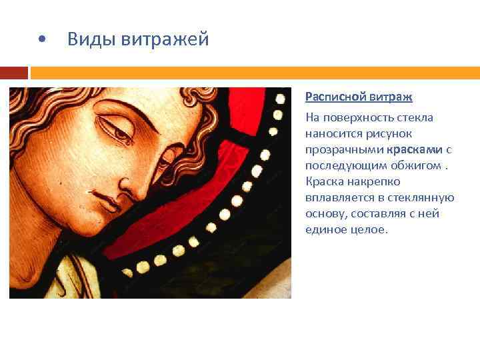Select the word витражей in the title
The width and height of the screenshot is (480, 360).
coord(165,39)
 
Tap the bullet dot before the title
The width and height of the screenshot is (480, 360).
coord(42,40)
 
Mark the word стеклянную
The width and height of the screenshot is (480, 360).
coord(425,197)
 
